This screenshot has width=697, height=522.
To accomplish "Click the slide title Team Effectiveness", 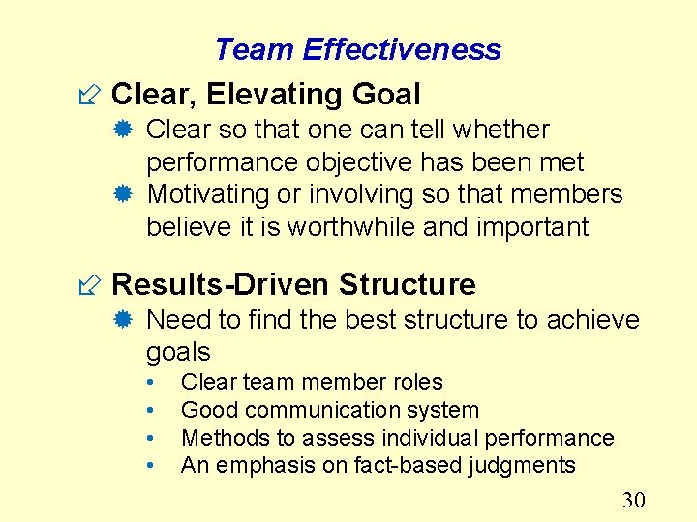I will tap(357, 49).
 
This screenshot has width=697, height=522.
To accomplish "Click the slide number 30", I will tap(633, 499).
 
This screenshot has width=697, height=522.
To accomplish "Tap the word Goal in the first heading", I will tap(383, 94).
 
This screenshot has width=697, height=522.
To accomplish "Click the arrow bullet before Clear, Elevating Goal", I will tap(93, 95).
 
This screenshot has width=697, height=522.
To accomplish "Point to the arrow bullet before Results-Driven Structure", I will tap(93, 285).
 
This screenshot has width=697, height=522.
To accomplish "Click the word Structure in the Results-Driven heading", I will tap(408, 284).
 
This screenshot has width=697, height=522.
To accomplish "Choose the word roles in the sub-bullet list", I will tap(412, 382).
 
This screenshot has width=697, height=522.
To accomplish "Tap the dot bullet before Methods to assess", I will tap(151, 438).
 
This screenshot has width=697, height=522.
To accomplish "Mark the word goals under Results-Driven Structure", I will tap(178, 351).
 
